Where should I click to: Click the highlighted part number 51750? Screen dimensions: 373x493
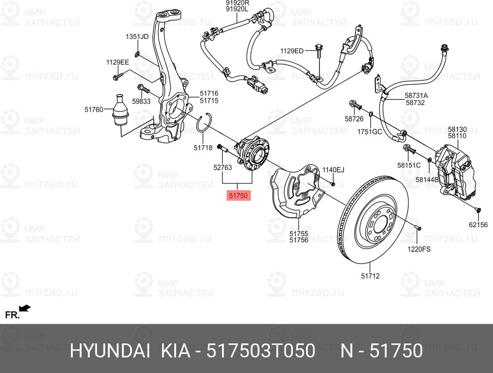tap(239, 196)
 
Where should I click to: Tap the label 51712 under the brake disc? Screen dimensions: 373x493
tap(370, 276)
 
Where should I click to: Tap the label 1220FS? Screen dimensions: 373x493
tap(419, 249)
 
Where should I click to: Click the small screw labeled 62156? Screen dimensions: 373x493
tap(478, 210)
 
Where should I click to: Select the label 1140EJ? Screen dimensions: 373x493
tap(333, 170)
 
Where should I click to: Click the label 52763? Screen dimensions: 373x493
tap(222, 168)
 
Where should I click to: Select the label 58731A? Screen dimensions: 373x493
tap(416, 96)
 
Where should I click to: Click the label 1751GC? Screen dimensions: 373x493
tap(370, 132)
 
